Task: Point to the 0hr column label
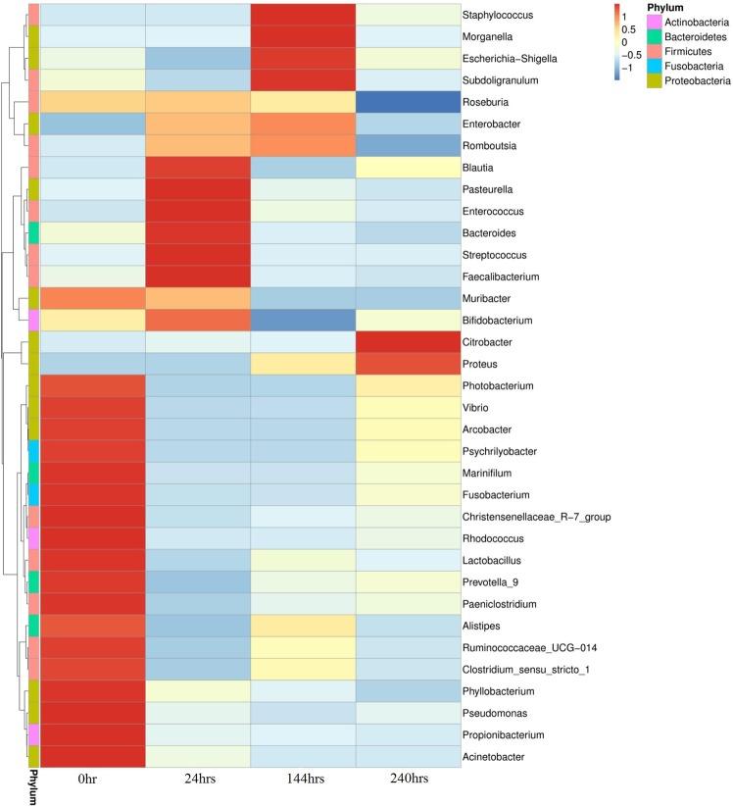pos(93,781)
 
